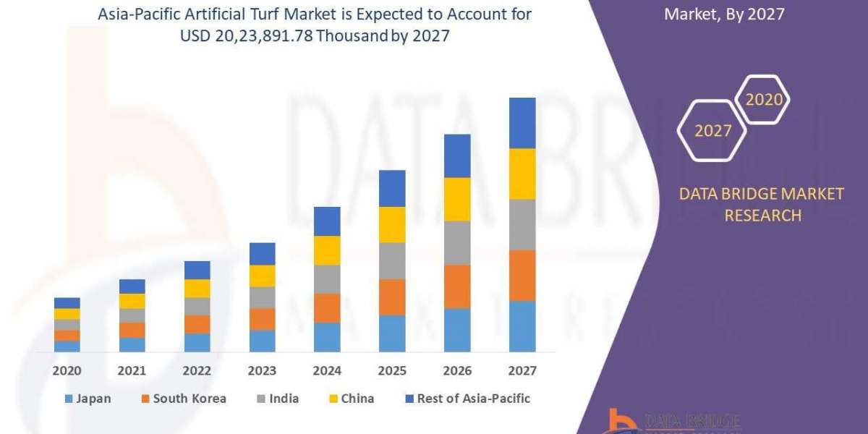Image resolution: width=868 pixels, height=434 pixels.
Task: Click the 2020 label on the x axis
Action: click(x=67, y=371)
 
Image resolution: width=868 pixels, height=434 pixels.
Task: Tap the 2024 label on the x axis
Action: click(x=327, y=371)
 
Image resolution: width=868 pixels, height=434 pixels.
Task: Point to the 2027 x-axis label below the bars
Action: click(x=522, y=371)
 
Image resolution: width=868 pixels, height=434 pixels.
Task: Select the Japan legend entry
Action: click(x=88, y=399)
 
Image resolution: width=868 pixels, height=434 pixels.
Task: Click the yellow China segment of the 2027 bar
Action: click(x=522, y=174)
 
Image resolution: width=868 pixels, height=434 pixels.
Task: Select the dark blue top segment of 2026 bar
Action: click(x=457, y=156)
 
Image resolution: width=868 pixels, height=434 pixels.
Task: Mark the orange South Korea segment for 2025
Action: click(x=392, y=297)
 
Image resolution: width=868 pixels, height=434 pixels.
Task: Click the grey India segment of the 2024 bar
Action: click(x=327, y=279)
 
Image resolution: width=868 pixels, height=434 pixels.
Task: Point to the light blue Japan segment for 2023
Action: click(x=262, y=341)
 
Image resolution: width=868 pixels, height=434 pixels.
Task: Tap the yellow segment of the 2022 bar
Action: click(x=197, y=289)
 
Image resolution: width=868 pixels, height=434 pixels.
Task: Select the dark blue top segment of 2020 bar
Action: click(x=67, y=303)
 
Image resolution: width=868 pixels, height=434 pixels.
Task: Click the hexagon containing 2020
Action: click(x=763, y=100)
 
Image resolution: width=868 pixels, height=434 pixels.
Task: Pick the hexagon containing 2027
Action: click(x=712, y=131)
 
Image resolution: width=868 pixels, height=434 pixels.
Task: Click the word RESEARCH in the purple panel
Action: click(x=762, y=216)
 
